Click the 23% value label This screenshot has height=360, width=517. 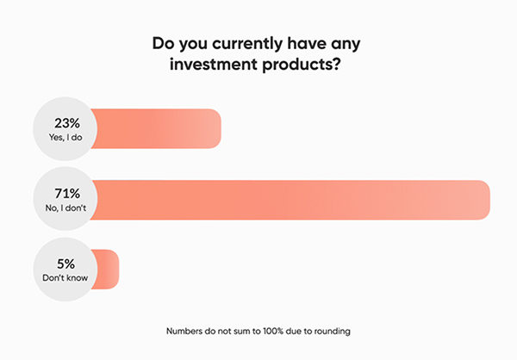[67, 123]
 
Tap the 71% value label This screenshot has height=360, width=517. [67, 194]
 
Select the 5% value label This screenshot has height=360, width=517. [66, 264]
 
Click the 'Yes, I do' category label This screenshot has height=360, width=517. [65, 137]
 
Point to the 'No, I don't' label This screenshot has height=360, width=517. [65, 208]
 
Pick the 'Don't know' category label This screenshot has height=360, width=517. [65, 277]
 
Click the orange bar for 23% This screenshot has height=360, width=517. [156, 128]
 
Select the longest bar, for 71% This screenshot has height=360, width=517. [290, 200]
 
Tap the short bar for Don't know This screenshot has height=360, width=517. [105, 270]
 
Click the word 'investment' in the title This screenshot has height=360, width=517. [214, 64]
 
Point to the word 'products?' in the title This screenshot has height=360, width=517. [301, 65]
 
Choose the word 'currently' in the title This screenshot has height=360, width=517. [247, 44]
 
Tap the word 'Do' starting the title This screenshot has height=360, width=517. [163, 43]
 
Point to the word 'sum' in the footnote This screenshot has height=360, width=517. [245, 331]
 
